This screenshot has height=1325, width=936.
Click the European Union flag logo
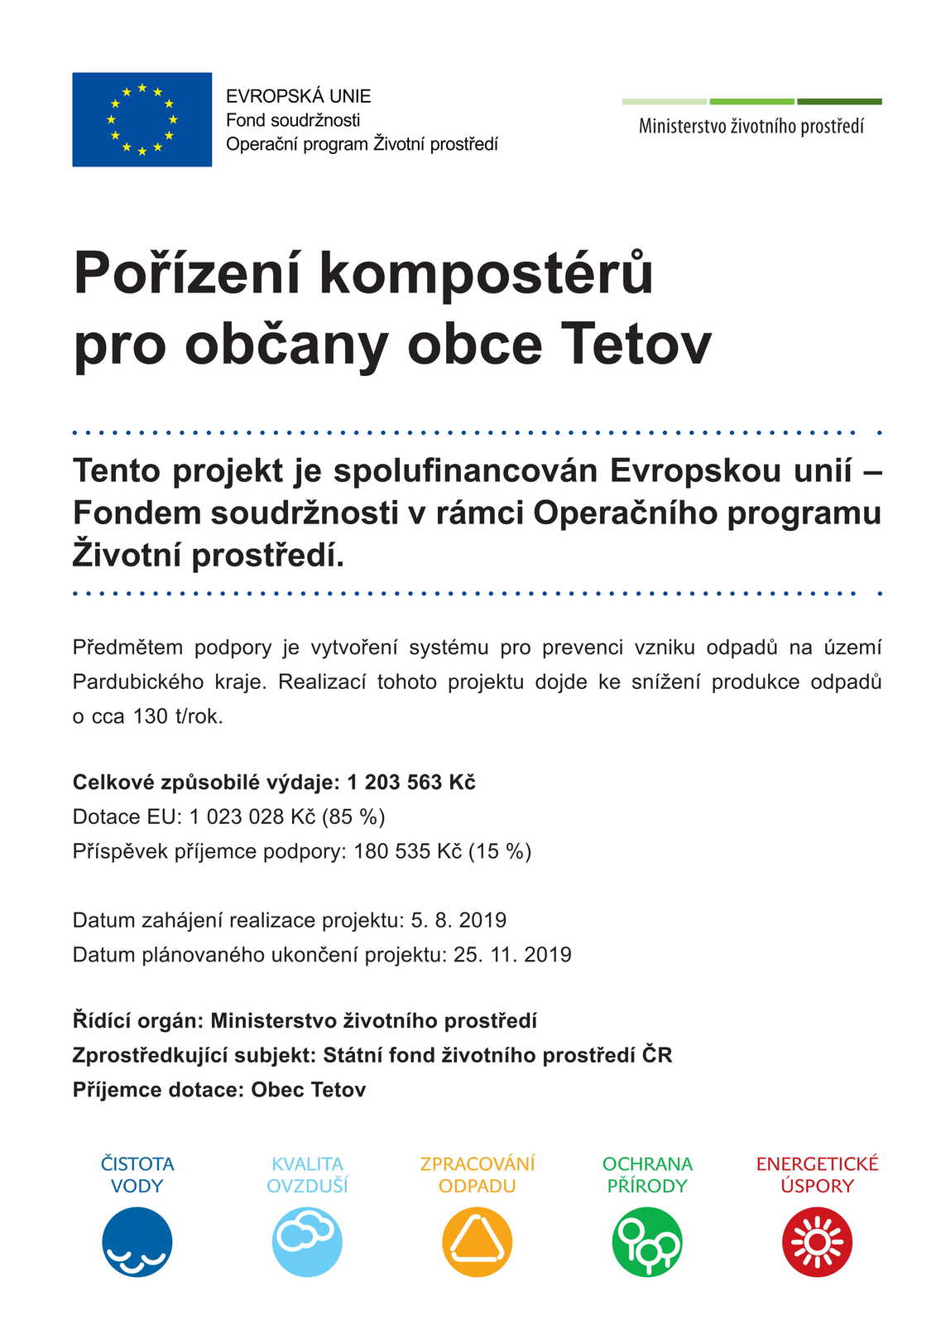pos(142,119)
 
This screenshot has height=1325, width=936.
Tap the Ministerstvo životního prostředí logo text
pos(751,127)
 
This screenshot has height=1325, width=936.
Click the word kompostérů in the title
pos(486,272)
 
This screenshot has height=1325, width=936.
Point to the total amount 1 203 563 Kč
pos(410,783)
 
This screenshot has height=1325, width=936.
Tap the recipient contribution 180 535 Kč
pos(407,851)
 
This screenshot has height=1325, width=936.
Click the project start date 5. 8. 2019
pos(458,920)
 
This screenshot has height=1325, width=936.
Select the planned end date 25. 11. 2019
pos(512,955)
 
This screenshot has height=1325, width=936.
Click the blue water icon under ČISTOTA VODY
pos(137,1241)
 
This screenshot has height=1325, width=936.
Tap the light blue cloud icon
pos(307,1241)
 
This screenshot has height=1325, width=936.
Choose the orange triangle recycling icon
pos(478,1241)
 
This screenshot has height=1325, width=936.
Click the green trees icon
pos(647,1241)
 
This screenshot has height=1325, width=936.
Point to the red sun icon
pos(817,1241)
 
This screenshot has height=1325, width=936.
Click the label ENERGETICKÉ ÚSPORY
pos(817,1174)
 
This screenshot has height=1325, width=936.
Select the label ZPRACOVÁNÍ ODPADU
pos(478,1174)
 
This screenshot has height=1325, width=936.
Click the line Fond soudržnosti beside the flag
pos(293,120)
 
